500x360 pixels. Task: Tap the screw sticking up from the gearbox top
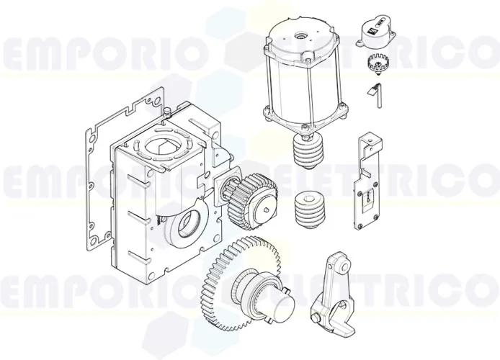[x=166, y=111]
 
